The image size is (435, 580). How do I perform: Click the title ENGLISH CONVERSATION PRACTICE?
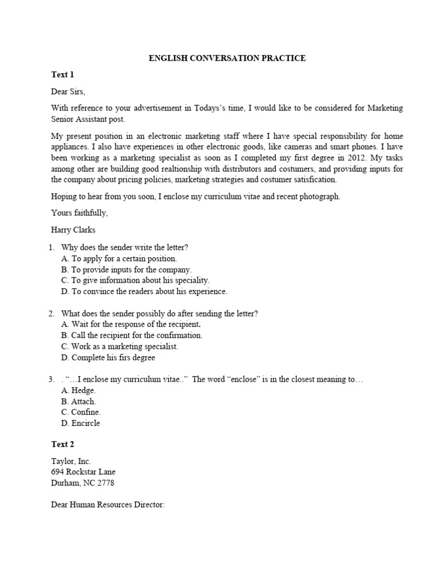227,58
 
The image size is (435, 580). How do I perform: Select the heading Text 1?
62,75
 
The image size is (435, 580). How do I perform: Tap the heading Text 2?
62,444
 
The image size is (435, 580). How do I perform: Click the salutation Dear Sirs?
68,91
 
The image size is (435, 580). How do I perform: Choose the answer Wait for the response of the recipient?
131,325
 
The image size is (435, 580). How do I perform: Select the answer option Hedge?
78,390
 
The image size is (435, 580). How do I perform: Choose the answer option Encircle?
81,423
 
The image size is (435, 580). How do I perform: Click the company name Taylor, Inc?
71,462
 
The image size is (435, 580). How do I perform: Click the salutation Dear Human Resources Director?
108,505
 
